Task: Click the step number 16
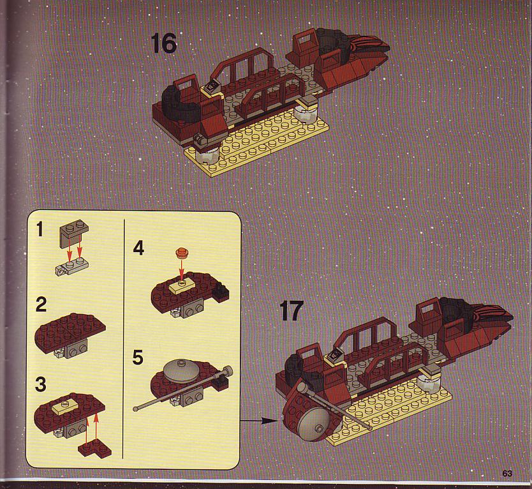tap(163, 43)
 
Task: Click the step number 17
tap(292, 311)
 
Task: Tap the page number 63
tap(507, 473)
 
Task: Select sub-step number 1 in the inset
tap(40, 229)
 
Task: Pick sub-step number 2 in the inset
tap(41, 305)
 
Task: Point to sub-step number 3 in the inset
tap(41, 384)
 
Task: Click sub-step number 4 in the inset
tap(138, 248)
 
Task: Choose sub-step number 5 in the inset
tap(138, 357)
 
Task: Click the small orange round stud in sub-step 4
tap(182, 252)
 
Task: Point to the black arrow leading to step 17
tap(259, 421)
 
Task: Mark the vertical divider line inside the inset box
tap(124, 339)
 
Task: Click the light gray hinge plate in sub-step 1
tap(72, 266)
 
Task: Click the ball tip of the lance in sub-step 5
tap(136, 409)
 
